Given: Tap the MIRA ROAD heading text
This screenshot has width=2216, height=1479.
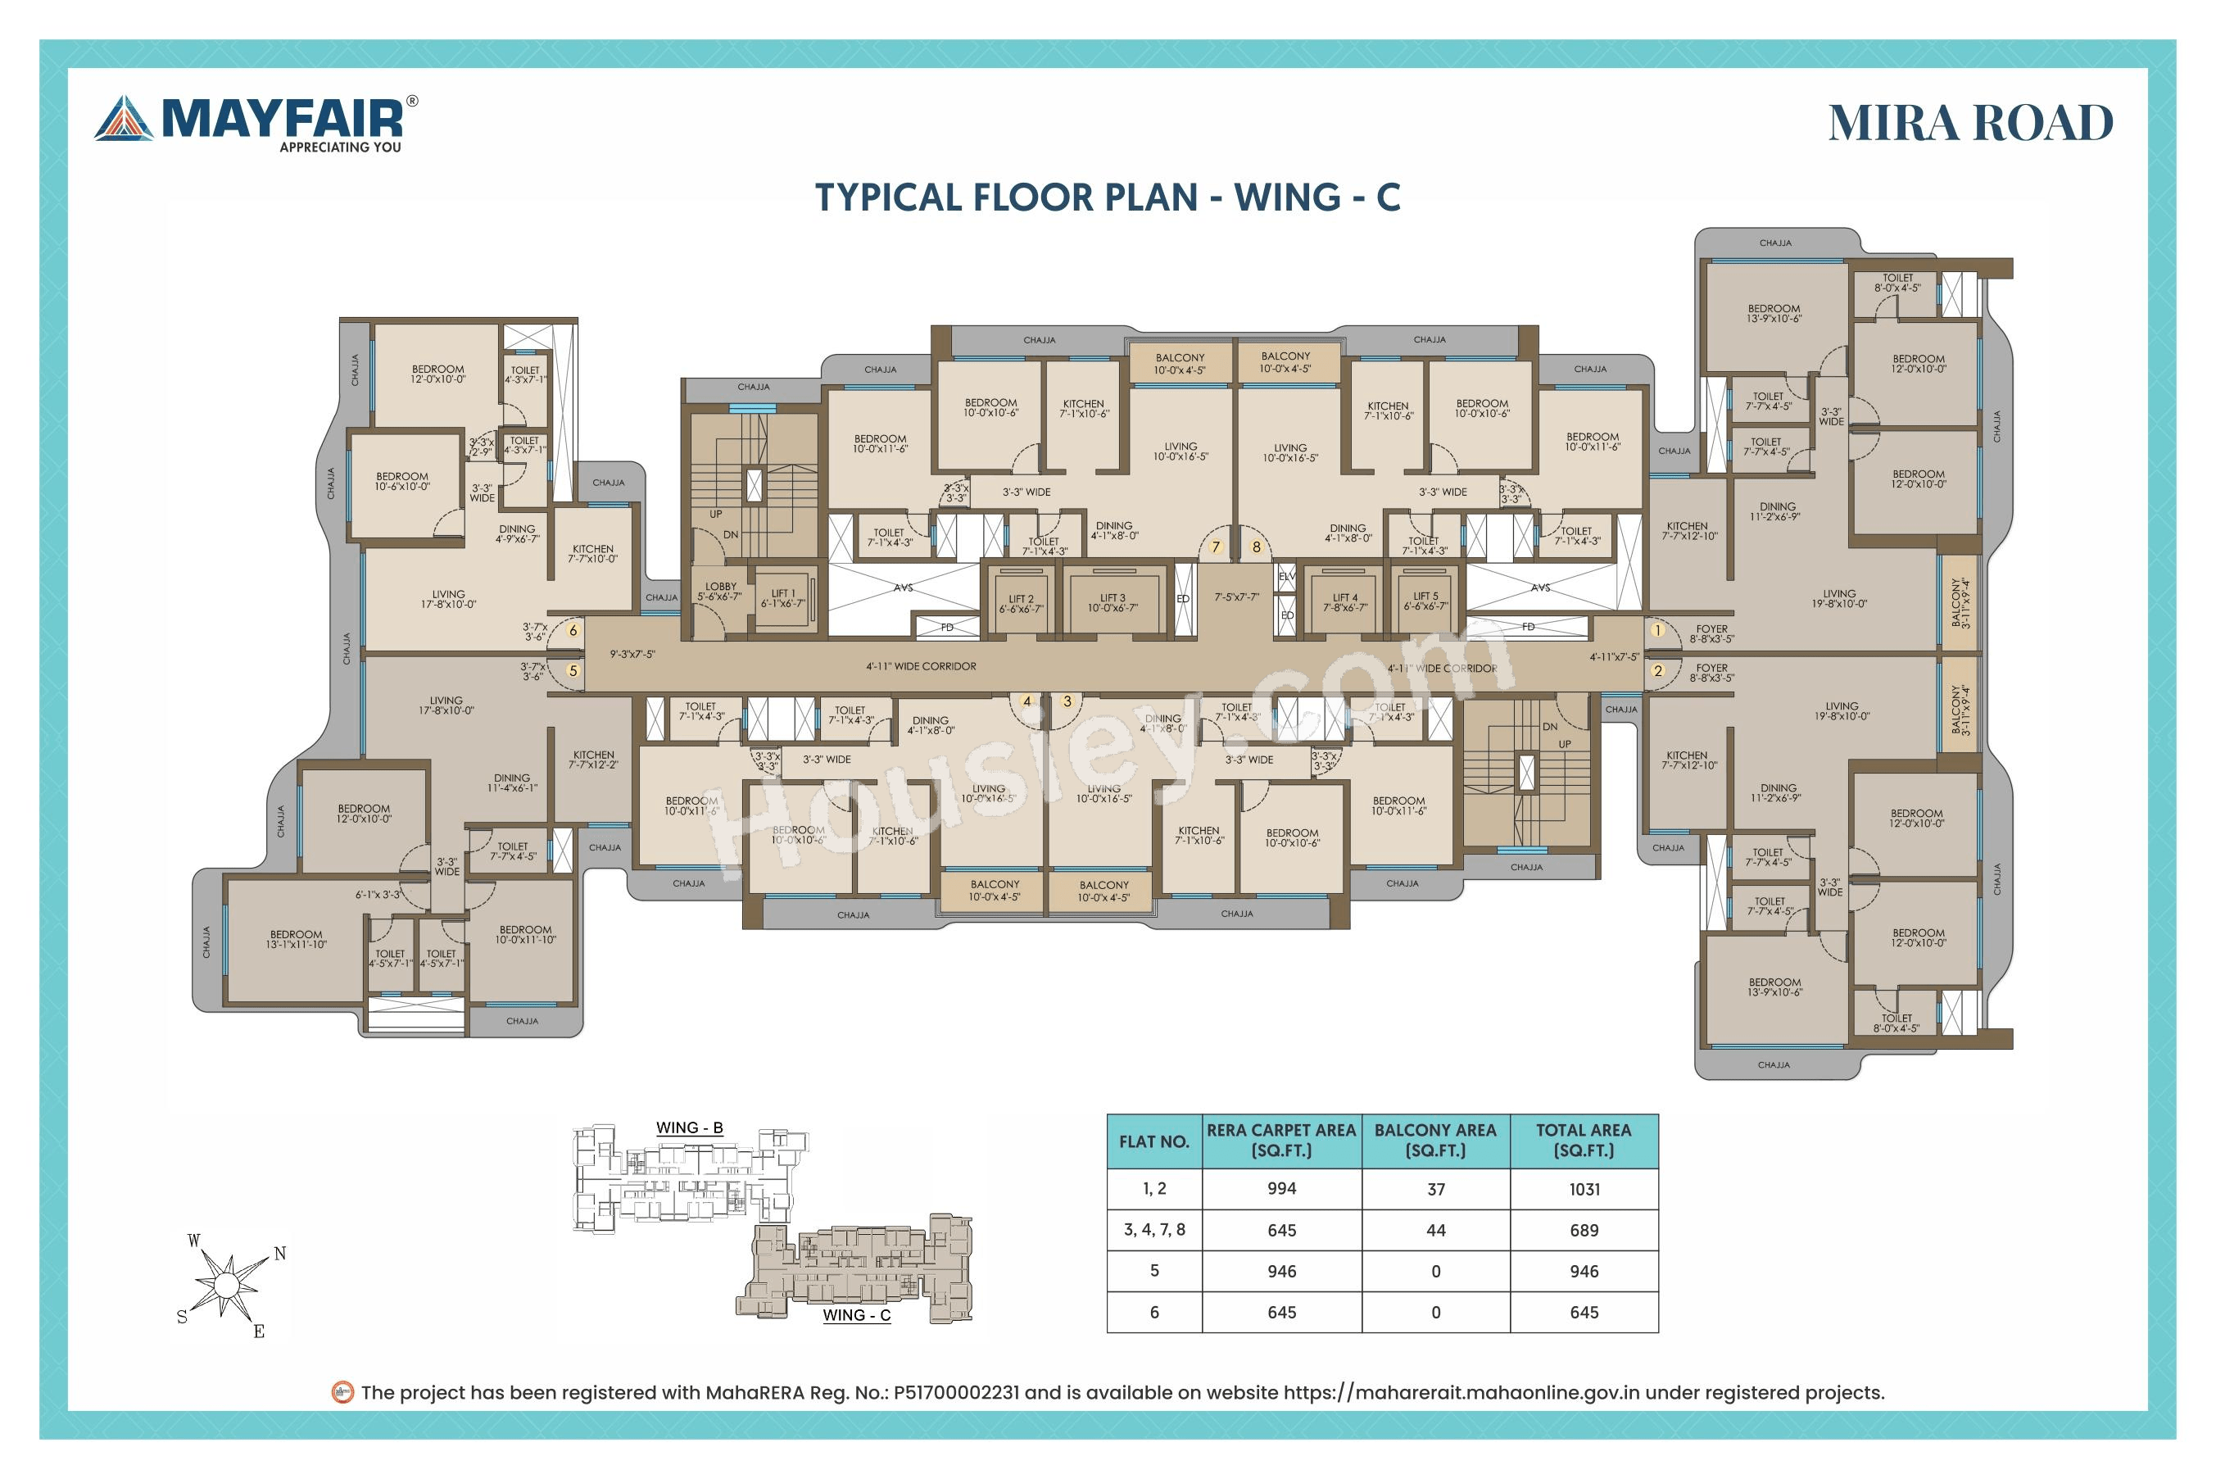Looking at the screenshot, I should tap(1970, 124).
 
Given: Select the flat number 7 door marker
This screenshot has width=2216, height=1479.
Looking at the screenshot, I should tap(1216, 547).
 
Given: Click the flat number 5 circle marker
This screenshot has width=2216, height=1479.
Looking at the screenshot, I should tap(573, 672).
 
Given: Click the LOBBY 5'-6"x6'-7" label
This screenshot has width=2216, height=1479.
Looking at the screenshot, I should tap(720, 592).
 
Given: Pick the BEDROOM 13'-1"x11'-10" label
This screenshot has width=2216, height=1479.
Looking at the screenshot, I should tap(296, 940).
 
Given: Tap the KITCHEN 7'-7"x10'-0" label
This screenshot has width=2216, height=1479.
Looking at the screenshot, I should tap(592, 554).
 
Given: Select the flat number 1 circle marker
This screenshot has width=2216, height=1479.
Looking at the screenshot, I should tap(1656, 630).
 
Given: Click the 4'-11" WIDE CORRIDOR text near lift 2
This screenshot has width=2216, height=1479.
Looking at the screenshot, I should tap(922, 667).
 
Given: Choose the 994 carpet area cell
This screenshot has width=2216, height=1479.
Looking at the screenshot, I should tap(1281, 1190).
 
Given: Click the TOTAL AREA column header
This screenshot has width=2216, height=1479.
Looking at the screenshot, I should tap(1584, 1141).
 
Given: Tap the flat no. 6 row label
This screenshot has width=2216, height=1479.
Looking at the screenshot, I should tap(1153, 1313).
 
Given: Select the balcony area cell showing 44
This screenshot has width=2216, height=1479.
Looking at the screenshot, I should tap(1435, 1231).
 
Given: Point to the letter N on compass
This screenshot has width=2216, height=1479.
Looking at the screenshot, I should tap(280, 1254).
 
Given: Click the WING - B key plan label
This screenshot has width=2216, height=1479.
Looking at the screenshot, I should tap(689, 1128).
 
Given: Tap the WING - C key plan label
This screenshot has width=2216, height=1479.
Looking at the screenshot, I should tap(856, 1316).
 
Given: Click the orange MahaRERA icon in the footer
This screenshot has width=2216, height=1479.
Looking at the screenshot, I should tap(342, 1392).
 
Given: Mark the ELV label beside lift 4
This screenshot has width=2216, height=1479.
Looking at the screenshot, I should tap(1286, 576).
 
